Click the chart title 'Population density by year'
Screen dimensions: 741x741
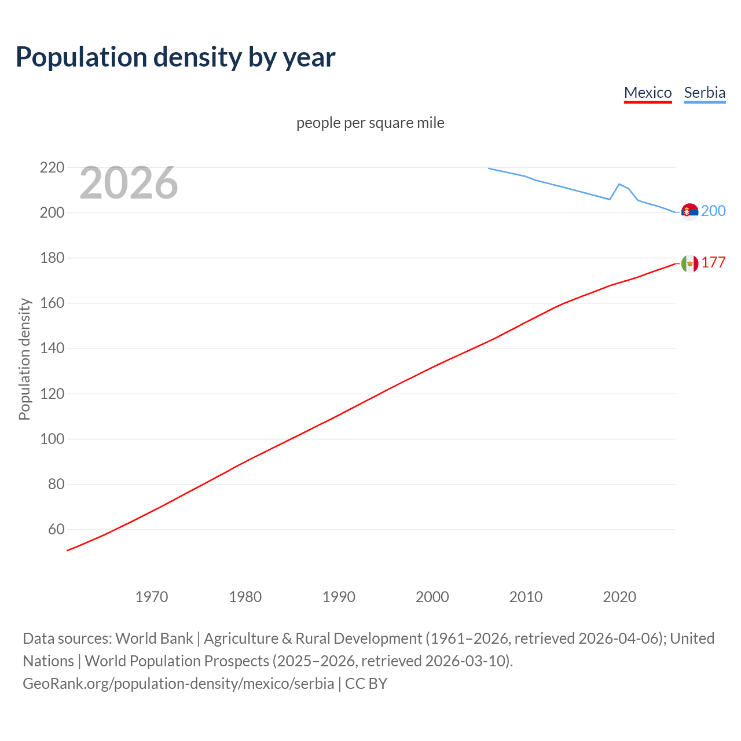point(175,57)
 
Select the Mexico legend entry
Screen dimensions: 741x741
point(648,93)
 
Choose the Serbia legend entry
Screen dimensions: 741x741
point(705,93)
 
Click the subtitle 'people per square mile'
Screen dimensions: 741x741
point(370,123)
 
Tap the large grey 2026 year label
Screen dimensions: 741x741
point(129,183)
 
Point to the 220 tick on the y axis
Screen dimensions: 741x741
point(52,168)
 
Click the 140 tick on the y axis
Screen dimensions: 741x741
point(52,349)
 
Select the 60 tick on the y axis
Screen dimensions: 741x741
point(56,529)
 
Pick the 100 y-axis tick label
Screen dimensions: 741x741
point(52,439)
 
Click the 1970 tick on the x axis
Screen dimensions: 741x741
point(152,597)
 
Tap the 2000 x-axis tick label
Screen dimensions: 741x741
point(432,597)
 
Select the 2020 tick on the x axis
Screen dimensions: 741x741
point(619,597)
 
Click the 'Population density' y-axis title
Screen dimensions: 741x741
point(24,359)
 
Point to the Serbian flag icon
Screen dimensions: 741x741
point(689,212)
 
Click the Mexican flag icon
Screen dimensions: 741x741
point(689,263)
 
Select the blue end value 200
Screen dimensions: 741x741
point(713,211)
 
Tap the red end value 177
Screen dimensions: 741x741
point(713,262)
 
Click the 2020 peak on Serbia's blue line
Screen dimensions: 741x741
point(619,184)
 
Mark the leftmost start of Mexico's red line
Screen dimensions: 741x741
point(68,550)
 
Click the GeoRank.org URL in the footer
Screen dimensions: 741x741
point(178,684)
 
